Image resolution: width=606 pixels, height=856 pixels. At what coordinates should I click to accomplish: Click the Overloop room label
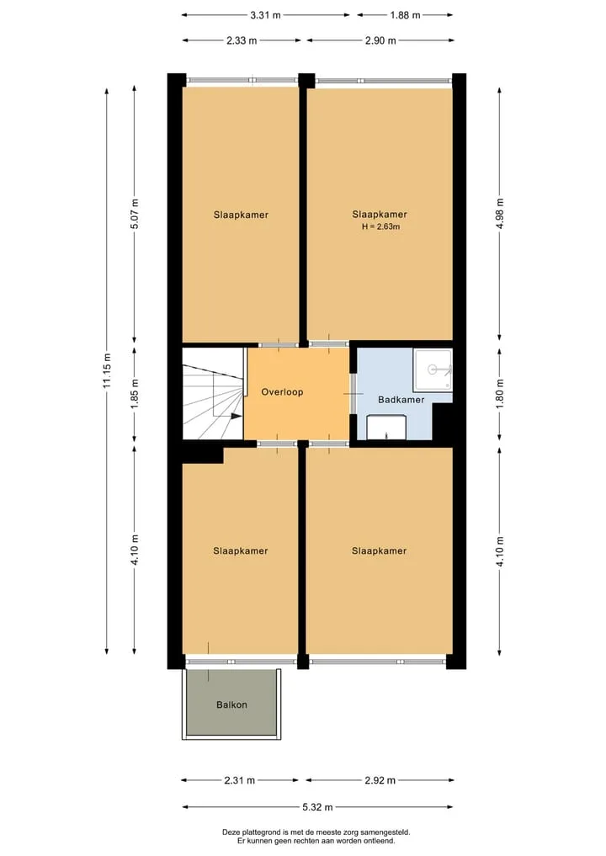(x=282, y=392)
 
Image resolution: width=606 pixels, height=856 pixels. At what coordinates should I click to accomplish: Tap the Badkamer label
(x=401, y=400)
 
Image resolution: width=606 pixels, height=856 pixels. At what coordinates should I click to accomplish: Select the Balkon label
(x=231, y=704)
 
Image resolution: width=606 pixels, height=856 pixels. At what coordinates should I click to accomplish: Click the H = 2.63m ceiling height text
(x=381, y=226)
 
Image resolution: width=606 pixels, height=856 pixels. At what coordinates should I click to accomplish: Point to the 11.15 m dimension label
(x=107, y=370)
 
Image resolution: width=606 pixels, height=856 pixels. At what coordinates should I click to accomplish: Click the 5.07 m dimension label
(x=135, y=214)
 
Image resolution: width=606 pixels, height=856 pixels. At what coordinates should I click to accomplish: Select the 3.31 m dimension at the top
(x=265, y=15)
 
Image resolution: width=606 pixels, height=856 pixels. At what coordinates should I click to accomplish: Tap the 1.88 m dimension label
(x=405, y=15)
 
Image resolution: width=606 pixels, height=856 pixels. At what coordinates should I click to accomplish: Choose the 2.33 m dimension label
(x=242, y=40)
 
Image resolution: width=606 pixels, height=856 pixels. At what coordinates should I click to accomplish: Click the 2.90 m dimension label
(x=380, y=40)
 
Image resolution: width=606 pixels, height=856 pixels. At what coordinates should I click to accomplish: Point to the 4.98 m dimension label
(x=500, y=214)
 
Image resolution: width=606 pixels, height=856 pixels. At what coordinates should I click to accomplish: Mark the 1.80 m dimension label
(x=500, y=394)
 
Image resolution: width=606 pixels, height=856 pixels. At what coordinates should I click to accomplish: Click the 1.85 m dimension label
(x=135, y=394)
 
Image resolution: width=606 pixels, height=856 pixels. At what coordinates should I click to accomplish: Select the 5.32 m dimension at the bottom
(x=317, y=807)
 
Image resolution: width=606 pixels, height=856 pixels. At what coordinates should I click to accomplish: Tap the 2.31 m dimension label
(x=239, y=780)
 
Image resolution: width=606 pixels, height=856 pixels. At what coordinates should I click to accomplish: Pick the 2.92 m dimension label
(x=380, y=780)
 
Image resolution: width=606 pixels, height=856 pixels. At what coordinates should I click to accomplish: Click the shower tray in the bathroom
(x=433, y=370)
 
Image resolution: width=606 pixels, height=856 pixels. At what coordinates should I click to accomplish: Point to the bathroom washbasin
(x=386, y=427)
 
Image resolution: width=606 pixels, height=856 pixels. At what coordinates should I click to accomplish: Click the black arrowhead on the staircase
(x=236, y=416)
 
